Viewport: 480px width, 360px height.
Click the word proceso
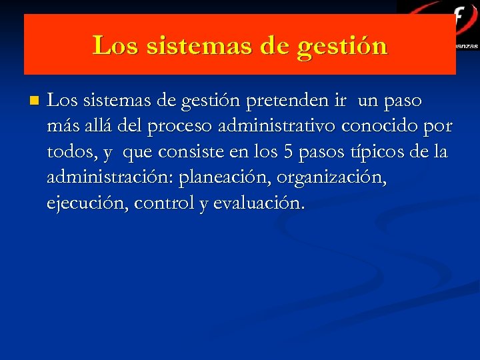click(x=180, y=126)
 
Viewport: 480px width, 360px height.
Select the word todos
click(x=70, y=152)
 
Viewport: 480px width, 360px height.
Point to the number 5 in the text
click(x=288, y=152)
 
